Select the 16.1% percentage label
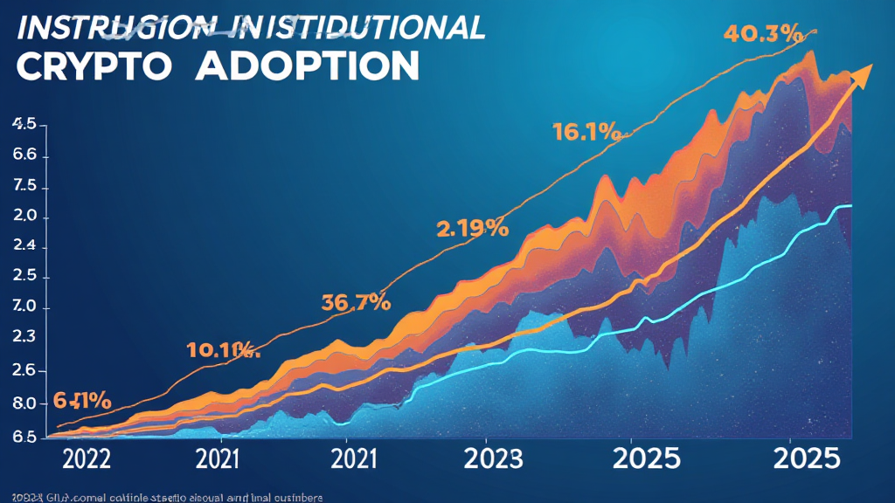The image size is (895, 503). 586,134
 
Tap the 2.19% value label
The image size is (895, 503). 472,229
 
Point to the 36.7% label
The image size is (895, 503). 355,303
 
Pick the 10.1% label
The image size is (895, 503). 223,351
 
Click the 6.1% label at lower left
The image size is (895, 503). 82,401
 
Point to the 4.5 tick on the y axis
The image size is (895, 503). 24,125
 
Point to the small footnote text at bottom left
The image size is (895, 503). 162,497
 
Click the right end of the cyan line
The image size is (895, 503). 850,206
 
